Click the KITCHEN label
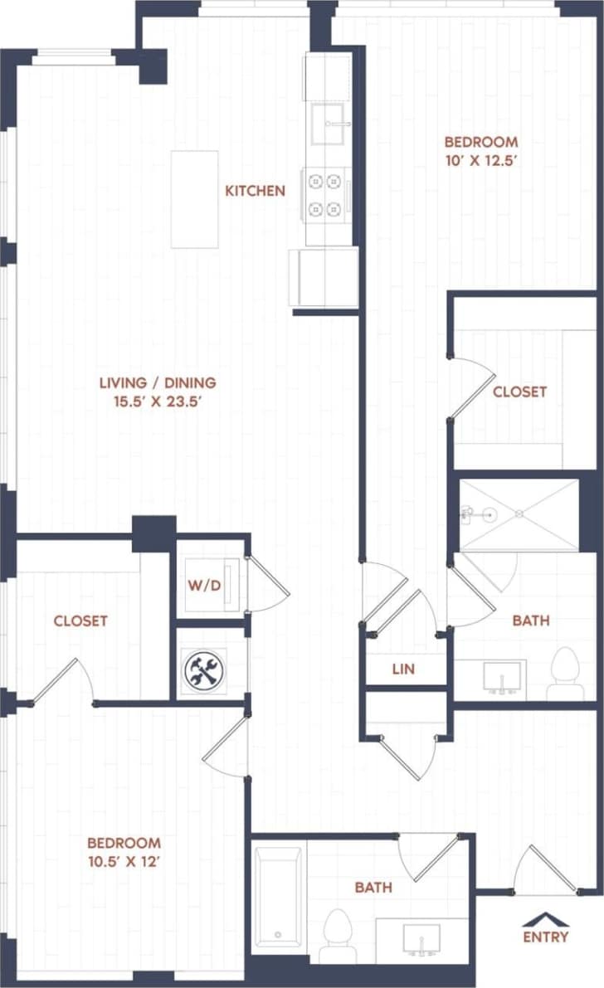click(x=255, y=191)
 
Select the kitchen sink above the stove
click(x=330, y=124)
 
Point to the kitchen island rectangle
click(x=195, y=199)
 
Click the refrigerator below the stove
click(x=324, y=278)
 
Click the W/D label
click(x=204, y=586)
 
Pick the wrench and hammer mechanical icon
click(x=203, y=669)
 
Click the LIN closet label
click(x=403, y=669)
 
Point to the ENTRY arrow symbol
click(x=545, y=919)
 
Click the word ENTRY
click(x=546, y=937)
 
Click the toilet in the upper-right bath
click(x=567, y=672)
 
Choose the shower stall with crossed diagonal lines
click(x=519, y=514)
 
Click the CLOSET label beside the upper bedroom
click(x=519, y=392)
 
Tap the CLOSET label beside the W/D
click(x=80, y=621)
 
